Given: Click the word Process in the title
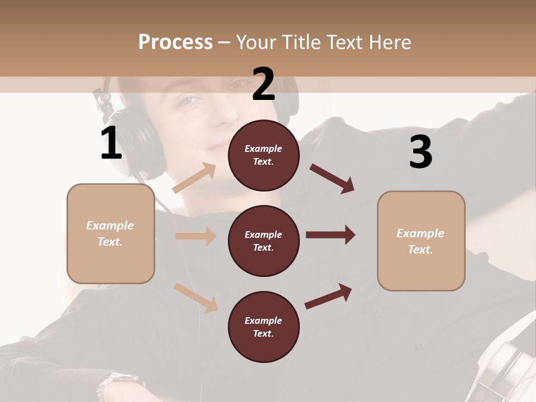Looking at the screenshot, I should tap(175, 42).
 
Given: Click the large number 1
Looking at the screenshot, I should tap(111, 143).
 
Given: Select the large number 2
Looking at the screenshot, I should tap(264, 84).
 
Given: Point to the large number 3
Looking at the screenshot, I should tap(420, 152).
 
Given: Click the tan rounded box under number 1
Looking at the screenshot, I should tap(111, 233).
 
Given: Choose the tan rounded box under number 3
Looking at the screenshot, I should tap(421, 241).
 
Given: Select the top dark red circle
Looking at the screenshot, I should tap(264, 155).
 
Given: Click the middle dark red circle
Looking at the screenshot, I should tap(264, 241).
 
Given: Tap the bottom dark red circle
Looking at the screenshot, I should tap(264, 327).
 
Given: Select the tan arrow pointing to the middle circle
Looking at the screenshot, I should tap(195, 236).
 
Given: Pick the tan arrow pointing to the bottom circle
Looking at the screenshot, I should tap(196, 297).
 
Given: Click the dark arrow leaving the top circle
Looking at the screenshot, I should tap(332, 178).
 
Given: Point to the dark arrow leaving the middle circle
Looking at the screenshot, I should tap(331, 235).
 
